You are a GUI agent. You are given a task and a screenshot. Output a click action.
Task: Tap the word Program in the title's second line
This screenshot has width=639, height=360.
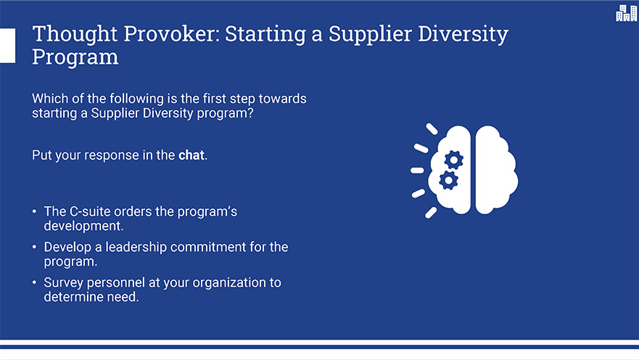[x=75, y=57]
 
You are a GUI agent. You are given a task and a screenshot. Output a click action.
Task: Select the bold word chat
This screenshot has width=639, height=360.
[x=191, y=155]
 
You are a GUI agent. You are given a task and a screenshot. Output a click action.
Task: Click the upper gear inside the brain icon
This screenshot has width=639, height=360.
[x=453, y=160]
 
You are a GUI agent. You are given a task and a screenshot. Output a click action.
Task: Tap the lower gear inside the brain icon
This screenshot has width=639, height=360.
[x=448, y=180]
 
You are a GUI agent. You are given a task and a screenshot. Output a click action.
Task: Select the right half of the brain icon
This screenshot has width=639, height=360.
[x=496, y=170]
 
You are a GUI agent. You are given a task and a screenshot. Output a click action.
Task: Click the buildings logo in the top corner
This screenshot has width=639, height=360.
[x=627, y=12]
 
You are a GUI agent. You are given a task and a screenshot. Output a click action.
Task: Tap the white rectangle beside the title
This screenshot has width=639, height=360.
[x=7, y=46]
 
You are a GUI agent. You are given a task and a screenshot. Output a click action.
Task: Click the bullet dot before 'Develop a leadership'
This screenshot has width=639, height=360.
[x=34, y=247]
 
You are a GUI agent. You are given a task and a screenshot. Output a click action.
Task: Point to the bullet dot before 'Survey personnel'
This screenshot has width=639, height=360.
[x=34, y=282]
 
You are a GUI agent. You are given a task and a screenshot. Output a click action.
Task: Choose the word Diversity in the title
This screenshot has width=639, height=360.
[x=463, y=34]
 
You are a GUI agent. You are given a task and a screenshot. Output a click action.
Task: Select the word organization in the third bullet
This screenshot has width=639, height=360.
[x=229, y=283]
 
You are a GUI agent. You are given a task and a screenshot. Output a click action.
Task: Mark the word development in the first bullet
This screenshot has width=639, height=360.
[x=83, y=226]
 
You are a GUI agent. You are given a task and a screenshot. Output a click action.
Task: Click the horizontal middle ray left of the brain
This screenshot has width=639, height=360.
[x=417, y=171]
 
